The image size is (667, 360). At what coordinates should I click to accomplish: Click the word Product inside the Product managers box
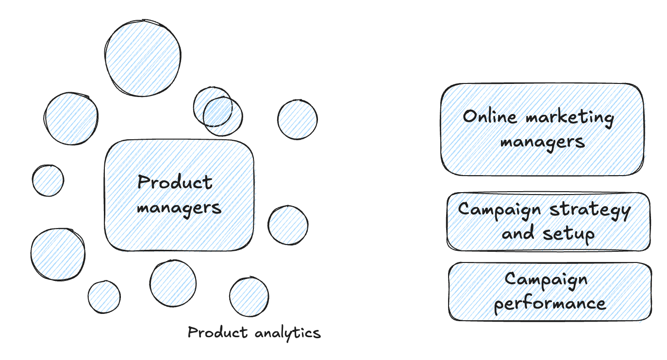pyautogui.click(x=175, y=183)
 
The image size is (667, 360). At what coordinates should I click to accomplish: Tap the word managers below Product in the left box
pyautogui.click(x=179, y=208)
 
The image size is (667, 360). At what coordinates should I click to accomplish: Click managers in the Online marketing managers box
pyautogui.click(x=542, y=142)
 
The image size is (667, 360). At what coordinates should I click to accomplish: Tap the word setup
pyautogui.click(x=568, y=234)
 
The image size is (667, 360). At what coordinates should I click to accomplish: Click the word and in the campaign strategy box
pyautogui.click(x=519, y=233)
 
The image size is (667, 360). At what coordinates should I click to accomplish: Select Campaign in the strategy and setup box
pyautogui.click(x=500, y=210)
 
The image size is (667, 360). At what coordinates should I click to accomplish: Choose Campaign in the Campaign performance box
pyautogui.click(x=546, y=279)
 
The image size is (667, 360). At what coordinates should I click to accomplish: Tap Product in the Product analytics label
pyautogui.click(x=218, y=333)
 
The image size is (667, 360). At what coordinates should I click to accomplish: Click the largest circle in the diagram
pyautogui.click(x=143, y=58)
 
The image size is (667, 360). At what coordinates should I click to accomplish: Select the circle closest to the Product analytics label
pyautogui.click(x=249, y=297)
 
